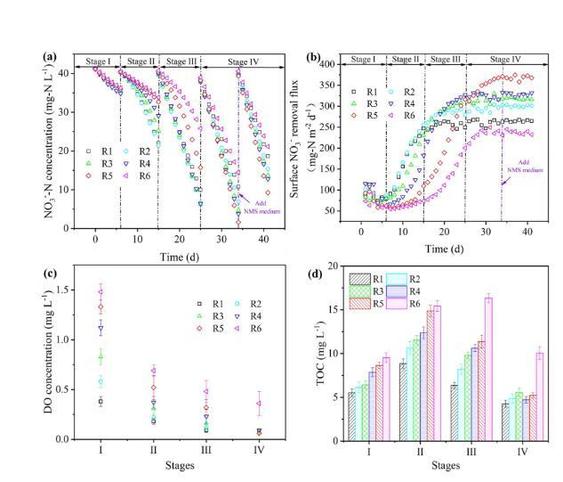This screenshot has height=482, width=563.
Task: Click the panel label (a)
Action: click(x=50, y=56)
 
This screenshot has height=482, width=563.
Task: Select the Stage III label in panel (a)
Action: click(x=181, y=62)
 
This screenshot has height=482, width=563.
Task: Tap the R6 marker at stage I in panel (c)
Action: click(x=101, y=291)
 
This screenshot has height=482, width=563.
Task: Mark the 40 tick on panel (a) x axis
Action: click(x=263, y=239)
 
